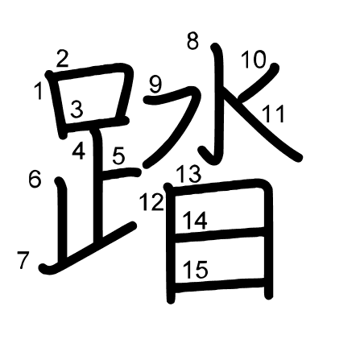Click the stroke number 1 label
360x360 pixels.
[39, 91]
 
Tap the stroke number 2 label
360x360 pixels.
[63, 59]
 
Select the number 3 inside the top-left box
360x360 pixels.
[77, 110]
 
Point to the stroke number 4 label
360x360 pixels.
[79, 151]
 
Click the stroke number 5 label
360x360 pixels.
[119, 155]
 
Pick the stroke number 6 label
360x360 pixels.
[35, 179]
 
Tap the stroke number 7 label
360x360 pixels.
[23, 260]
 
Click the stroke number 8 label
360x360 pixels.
[192, 41]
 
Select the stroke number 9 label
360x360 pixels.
[156, 85]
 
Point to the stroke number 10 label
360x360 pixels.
[254, 60]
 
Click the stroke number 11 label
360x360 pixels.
[273, 114]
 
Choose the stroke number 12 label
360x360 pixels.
[152, 202]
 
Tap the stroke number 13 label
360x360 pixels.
[189, 174]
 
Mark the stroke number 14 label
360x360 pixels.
[195, 221]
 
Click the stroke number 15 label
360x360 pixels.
[196, 270]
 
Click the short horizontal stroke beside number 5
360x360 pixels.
[121, 173]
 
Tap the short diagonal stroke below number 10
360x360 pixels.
[259, 82]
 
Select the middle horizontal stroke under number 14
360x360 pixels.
[220, 234]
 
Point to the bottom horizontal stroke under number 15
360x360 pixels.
[220, 285]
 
